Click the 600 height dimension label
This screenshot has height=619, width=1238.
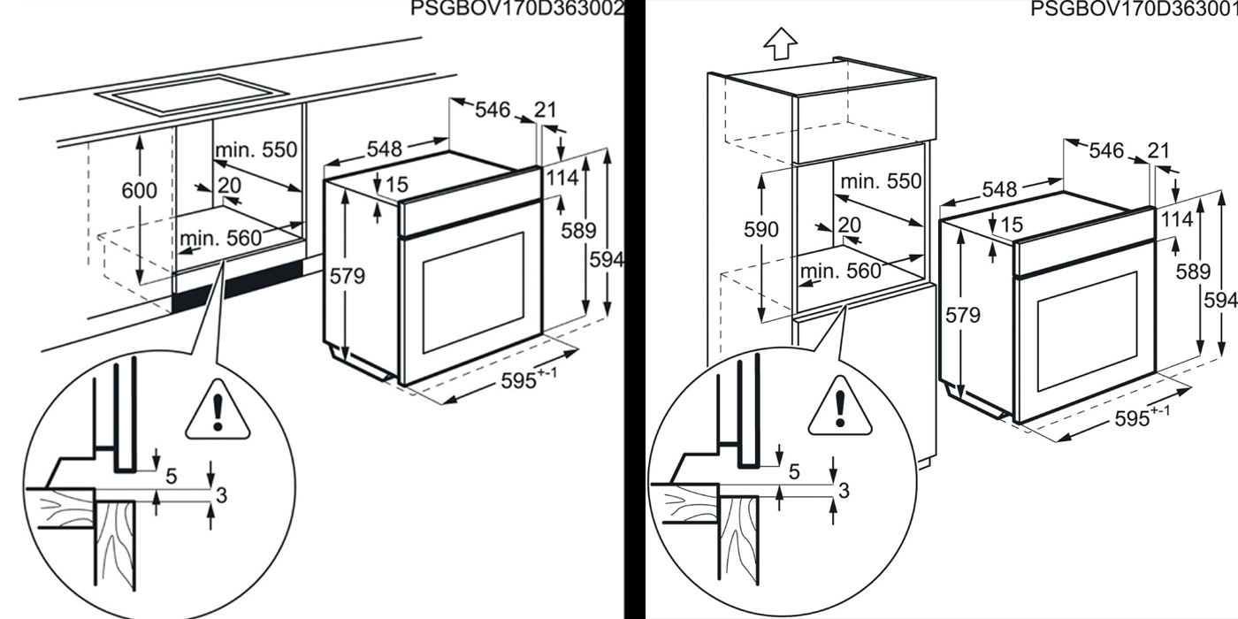click(x=140, y=191)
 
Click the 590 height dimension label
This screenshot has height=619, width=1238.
click(x=761, y=229)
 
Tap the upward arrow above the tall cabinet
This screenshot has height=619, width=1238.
click(x=780, y=43)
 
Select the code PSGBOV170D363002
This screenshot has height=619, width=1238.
click(x=517, y=8)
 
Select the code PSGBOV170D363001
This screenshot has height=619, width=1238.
click(x=1134, y=8)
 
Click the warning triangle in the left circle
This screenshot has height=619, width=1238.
click(x=218, y=410)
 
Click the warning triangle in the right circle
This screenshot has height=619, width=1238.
click(x=840, y=406)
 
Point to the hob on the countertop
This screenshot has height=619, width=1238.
click(x=191, y=94)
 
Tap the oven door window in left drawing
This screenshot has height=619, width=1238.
click(x=473, y=293)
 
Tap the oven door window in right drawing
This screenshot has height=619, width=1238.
click(x=1087, y=331)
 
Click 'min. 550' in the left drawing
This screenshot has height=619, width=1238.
click(x=256, y=149)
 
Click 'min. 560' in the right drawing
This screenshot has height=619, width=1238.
click(x=841, y=271)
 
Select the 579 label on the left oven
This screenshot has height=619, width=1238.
click(x=347, y=276)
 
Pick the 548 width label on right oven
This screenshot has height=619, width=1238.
click(x=999, y=189)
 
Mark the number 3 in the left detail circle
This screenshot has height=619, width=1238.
click(x=222, y=495)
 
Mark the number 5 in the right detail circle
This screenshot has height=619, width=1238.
click(x=794, y=471)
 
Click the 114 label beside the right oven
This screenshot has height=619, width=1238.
click(x=1177, y=219)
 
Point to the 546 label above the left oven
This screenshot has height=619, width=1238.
click(x=493, y=110)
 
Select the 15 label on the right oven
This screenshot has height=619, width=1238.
click(x=1012, y=224)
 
